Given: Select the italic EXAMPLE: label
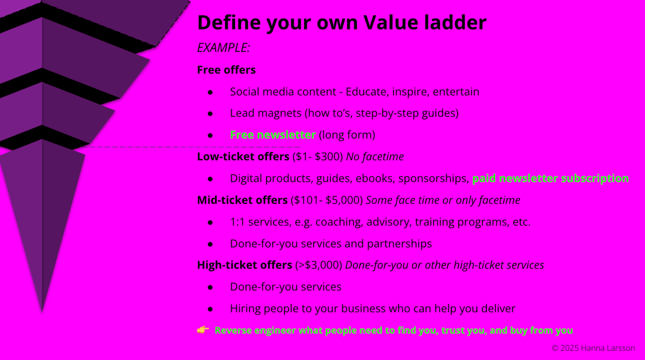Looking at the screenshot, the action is tap(224, 48).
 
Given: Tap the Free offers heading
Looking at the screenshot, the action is tap(226, 70).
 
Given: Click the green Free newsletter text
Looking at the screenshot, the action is tap(273, 135).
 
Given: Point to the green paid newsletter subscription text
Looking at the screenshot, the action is tap(551, 179).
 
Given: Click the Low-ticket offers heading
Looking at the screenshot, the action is tap(243, 157).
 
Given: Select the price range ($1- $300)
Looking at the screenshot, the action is tap(318, 157).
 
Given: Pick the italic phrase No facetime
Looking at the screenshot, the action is tap(374, 157).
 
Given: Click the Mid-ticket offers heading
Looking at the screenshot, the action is tap(243, 200).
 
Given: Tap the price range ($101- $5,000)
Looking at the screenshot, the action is tap(327, 200).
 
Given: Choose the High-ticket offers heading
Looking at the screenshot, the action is tap(245, 265).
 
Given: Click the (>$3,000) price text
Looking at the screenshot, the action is tap(319, 265).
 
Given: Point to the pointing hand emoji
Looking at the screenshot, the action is tap(203, 330).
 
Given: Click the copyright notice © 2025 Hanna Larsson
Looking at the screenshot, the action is tap(594, 348).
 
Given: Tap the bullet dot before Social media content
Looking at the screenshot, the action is tap(210, 92).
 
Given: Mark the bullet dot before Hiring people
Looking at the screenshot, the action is tap(210, 309).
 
